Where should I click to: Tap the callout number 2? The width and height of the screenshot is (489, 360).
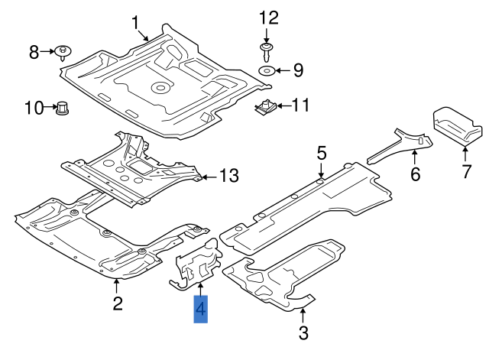click(x=118, y=303)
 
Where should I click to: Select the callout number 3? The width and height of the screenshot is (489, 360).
click(x=303, y=332)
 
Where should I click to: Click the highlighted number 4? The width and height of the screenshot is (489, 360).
click(x=201, y=309)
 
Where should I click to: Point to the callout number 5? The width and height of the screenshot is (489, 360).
click(x=322, y=153)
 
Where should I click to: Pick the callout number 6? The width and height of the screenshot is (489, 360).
click(x=415, y=174)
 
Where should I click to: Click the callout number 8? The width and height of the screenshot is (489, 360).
click(x=34, y=52)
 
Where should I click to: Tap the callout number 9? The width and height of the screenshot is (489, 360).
click(x=298, y=71)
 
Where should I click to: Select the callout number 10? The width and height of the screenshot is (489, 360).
click(x=34, y=108)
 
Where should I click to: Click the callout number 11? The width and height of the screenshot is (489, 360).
click(x=301, y=105)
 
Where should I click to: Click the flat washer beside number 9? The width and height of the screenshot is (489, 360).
click(x=267, y=71)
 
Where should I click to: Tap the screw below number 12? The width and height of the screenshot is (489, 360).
click(x=267, y=53)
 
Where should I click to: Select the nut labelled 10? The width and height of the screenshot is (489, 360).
click(x=63, y=109)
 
